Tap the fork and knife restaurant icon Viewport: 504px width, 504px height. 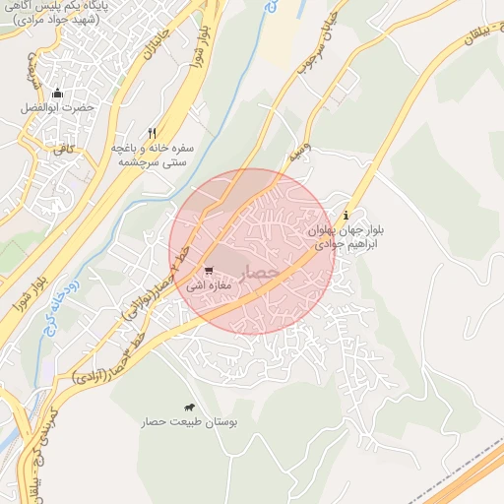click(x=152, y=133)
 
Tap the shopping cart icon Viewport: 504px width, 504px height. click(x=208, y=271)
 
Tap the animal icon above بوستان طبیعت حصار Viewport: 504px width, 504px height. click(x=189, y=407)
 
